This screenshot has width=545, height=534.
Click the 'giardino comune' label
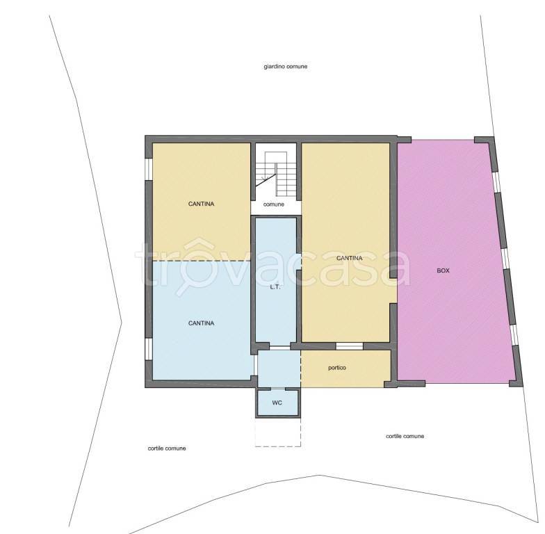(x=285, y=67)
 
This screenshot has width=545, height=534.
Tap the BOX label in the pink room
(x=443, y=270)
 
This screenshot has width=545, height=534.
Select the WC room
(x=277, y=403)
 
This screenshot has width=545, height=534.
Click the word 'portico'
(x=336, y=367)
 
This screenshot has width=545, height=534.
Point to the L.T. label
(x=275, y=287)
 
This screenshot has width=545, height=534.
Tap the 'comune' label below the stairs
(x=274, y=204)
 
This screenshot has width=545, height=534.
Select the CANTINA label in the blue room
(x=201, y=323)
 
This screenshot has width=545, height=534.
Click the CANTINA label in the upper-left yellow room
(x=201, y=204)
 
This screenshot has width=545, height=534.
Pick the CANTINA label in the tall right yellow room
(x=349, y=258)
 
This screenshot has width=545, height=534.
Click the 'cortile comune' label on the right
(x=405, y=436)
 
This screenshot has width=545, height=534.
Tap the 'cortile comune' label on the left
(x=167, y=448)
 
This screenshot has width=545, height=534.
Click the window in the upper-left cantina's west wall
(x=149, y=170)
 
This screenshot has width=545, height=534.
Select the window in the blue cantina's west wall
(x=149, y=349)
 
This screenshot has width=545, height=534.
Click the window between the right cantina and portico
(x=349, y=346)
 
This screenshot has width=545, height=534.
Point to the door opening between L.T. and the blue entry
(x=279, y=347)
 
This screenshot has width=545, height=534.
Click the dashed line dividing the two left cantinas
(x=202, y=261)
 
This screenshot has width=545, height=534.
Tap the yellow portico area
(x=346, y=369)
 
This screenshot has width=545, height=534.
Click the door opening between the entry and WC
(x=277, y=388)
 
